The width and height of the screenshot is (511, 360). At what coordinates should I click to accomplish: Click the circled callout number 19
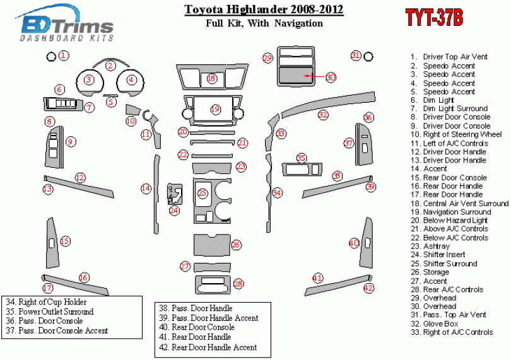[x=215, y=109]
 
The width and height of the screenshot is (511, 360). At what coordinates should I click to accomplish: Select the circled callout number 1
[x=64, y=55]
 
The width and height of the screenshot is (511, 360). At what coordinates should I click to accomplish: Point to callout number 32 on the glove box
[x=323, y=115]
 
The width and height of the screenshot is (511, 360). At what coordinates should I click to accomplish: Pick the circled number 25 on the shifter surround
[x=203, y=193]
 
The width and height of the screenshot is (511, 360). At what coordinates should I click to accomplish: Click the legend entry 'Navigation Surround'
[x=457, y=212]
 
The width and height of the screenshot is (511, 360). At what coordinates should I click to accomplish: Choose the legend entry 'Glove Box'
[x=440, y=323]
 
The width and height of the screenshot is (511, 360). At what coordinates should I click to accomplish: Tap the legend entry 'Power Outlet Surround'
[x=56, y=311]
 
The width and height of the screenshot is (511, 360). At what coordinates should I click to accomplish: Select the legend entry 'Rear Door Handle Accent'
[x=214, y=347]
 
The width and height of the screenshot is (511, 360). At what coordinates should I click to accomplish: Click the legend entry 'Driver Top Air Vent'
[x=455, y=57]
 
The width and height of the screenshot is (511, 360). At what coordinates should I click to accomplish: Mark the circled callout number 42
[x=369, y=288]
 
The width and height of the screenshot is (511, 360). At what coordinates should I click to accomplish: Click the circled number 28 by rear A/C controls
[x=238, y=284]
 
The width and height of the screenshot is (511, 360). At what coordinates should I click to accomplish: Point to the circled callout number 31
[x=356, y=55]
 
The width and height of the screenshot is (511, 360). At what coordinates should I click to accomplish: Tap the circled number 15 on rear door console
[x=64, y=241]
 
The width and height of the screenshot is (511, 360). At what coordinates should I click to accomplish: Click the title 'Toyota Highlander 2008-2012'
[x=264, y=10]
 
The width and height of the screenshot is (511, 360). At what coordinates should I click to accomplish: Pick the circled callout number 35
[x=302, y=158]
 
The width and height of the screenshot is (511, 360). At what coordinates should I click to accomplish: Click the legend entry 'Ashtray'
[x=437, y=247]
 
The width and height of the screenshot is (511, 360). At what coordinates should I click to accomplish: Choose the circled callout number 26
[x=236, y=245]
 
